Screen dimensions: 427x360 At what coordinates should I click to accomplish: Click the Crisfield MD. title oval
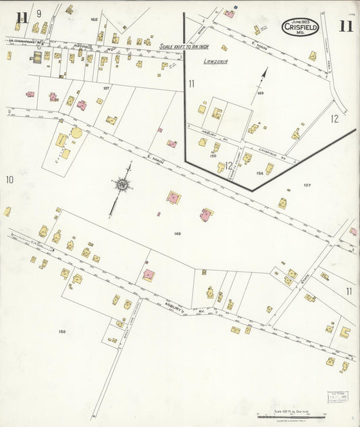302,27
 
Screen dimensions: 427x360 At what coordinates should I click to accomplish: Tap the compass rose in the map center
123,184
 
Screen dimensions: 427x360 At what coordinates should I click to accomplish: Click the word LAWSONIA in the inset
215,61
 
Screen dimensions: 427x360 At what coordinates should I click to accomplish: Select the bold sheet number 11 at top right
346,26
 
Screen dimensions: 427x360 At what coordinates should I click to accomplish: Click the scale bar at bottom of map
291,418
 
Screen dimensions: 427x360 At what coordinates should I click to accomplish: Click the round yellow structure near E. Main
76,132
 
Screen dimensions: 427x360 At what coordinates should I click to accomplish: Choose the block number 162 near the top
94,20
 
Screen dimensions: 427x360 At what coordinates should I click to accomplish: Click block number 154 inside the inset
259,173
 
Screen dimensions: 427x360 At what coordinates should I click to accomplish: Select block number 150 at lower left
62,331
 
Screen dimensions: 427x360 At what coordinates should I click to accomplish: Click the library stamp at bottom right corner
339,399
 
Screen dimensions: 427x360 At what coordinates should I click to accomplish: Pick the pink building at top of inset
230,14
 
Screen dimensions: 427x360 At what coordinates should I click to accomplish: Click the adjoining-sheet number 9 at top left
38,14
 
